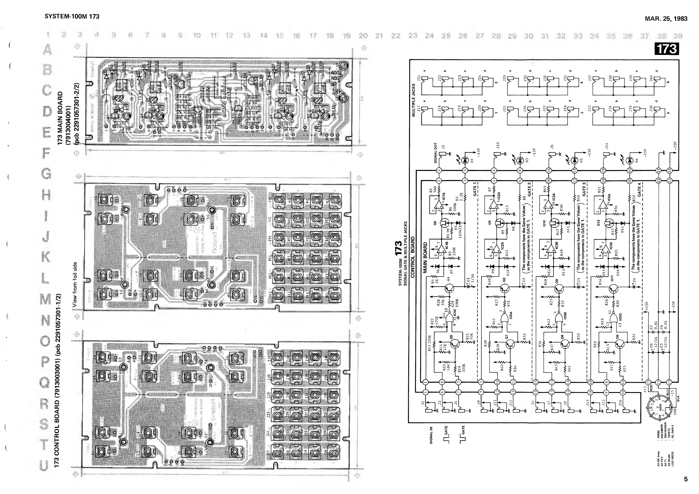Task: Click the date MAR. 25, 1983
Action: click(x=666, y=19)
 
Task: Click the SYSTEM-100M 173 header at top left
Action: click(x=72, y=16)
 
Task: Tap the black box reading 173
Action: click(x=667, y=49)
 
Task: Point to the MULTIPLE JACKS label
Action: click(x=414, y=100)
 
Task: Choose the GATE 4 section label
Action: click(x=639, y=189)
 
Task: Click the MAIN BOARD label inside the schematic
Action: click(x=426, y=258)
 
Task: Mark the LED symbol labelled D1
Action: click(x=465, y=160)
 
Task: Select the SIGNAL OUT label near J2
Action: click(x=435, y=152)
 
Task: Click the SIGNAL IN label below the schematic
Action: click(x=431, y=435)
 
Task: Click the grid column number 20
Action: click(x=363, y=36)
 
